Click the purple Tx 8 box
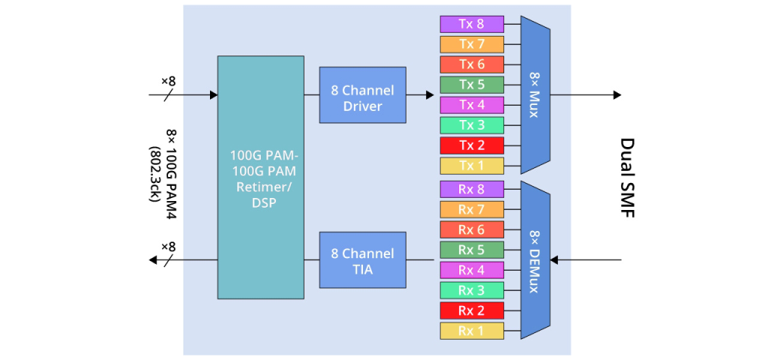pyautogui.click(x=471, y=24)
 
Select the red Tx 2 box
pyautogui.click(x=471, y=145)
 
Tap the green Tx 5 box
pyautogui.click(x=471, y=85)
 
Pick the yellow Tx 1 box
pyautogui.click(x=471, y=166)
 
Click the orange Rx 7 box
pyautogui.click(x=471, y=209)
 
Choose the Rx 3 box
pyautogui.click(x=471, y=290)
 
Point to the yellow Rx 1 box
pyautogui.click(x=471, y=331)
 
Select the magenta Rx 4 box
pyautogui.click(x=471, y=270)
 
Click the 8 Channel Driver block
pyautogui.click(x=362, y=95)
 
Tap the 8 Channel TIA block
pyautogui.click(x=362, y=259)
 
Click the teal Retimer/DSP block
pyautogui.click(x=260, y=178)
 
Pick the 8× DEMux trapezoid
pyautogui.click(x=535, y=259)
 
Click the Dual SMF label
pyautogui.click(x=628, y=178)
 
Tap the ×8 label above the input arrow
pyautogui.click(x=168, y=80)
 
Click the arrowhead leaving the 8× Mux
pyautogui.click(x=616, y=95)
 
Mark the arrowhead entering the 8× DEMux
pyautogui.click(x=555, y=260)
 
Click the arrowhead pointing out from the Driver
pyautogui.click(x=430, y=95)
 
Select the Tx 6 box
pyautogui.click(x=471, y=64)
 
